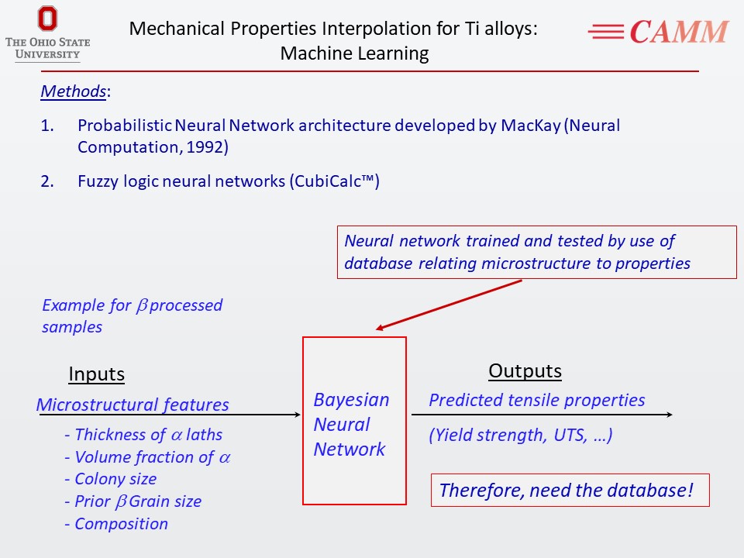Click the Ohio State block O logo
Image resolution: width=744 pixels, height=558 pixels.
click(47, 19)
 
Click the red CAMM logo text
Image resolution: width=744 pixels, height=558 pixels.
click(679, 33)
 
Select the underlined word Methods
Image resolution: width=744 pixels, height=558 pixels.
click(73, 91)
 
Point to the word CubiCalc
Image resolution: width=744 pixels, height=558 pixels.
click(327, 181)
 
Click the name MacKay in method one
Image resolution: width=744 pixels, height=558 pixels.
click(531, 126)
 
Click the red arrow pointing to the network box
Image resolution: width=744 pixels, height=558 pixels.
click(449, 304)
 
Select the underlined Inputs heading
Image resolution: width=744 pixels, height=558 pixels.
click(96, 374)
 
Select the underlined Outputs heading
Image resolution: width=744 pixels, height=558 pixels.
click(525, 370)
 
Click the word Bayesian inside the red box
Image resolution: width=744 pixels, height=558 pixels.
click(351, 400)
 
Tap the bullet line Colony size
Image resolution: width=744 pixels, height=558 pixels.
click(111, 479)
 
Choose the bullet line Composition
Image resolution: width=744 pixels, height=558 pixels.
click(116, 524)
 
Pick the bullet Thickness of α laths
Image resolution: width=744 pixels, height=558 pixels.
click(143, 435)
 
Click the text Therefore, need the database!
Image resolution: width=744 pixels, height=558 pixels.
click(567, 490)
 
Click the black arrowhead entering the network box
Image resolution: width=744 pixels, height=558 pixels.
click(297, 415)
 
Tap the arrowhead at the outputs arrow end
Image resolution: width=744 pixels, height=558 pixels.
click(669, 415)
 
